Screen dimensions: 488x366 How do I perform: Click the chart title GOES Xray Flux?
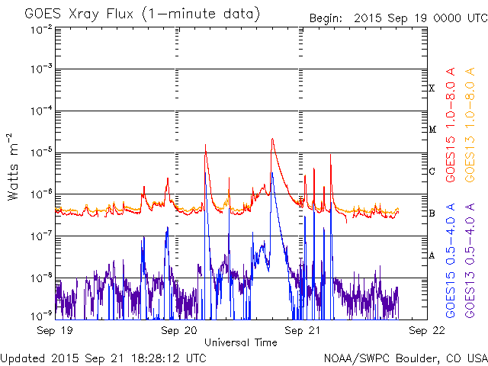click(x=79, y=14)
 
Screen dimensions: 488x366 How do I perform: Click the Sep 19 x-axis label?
click(x=55, y=330)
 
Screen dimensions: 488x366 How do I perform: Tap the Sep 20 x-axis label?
click(x=179, y=330)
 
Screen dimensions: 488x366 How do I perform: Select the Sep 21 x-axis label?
click(x=302, y=330)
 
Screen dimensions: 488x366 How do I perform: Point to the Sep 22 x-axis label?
click(x=427, y=330)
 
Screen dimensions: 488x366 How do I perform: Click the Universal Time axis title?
click(x=241, y=342)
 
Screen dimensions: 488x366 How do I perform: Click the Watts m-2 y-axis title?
click(x=13, y=167)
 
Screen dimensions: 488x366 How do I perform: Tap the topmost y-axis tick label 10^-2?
click(x=42, y=30)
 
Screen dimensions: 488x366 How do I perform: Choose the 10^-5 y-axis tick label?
click(x=42, y=152)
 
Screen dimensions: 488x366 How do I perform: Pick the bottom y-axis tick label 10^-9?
click(x=42, y=316)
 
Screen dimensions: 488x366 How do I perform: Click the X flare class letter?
click(x=432, y=88)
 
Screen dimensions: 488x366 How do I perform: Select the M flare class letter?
click(x=432, y=129)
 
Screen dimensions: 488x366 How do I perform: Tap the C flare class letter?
click(x=432, y=171)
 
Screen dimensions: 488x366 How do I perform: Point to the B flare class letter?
click(x=432, y=213)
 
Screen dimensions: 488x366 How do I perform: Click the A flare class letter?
click(x=432, y=255)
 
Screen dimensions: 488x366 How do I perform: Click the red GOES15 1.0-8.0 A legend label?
click(x=451, y=124)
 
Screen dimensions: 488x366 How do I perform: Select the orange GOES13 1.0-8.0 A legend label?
click(x=470, y=124)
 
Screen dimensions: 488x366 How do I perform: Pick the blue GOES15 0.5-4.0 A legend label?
click(x=451, y=260)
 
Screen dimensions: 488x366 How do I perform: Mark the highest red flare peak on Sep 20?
click(x=272, y=139)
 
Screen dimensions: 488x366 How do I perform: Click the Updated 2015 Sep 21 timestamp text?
click(x=104, y=358)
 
